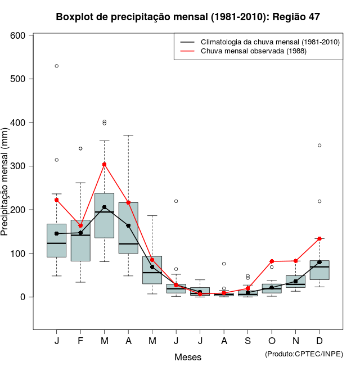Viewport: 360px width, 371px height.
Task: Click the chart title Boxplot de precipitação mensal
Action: [x=188, y=17]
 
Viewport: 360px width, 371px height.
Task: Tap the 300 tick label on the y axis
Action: [x=19, y=166]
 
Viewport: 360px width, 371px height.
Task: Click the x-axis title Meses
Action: [x=188, y=357]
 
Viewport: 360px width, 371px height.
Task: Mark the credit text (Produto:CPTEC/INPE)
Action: [x=304, y=354]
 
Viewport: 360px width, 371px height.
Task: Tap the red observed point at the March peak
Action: [x=104, y=165]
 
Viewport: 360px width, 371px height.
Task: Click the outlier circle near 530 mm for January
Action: [x=57, y=66]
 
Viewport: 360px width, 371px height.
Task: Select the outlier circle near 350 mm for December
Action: [x=319, y=145]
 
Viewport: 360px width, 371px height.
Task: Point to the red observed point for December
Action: [x=319, y=238]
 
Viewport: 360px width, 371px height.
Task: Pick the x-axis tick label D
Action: [x=319, y=341]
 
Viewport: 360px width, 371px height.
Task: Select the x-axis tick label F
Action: [x=80, y=341]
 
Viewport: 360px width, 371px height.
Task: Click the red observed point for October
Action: [x=272, y=261]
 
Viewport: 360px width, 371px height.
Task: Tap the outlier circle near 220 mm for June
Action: [x=176, y=201]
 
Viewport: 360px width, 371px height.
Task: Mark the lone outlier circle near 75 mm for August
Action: [x=224, y=264]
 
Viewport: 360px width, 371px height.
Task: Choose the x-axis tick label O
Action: [x=272, y=341]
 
